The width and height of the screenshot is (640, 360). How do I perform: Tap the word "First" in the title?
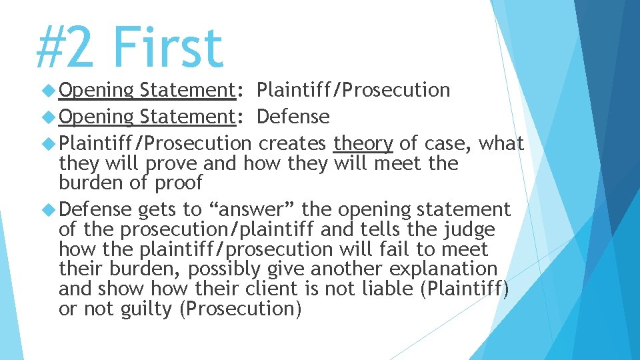[167, 48]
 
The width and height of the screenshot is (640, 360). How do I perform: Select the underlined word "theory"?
[363, 143]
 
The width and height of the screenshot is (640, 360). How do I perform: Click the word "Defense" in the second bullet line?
[293, 117]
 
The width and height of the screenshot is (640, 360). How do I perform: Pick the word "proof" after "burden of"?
[178, 183]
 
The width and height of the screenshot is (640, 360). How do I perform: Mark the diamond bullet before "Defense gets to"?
[49, 209]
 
